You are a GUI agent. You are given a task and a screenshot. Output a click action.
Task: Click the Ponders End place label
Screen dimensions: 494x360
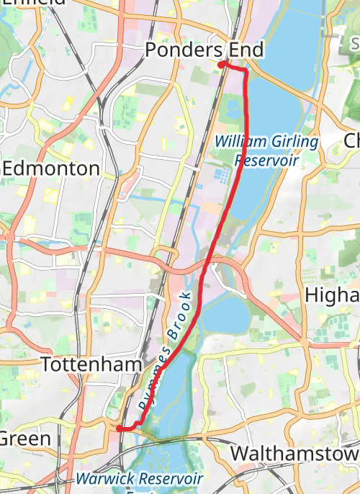204,50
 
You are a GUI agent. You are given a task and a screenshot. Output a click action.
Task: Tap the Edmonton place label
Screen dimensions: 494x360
51,169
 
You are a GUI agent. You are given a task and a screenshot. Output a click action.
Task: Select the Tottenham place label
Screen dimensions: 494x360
91,365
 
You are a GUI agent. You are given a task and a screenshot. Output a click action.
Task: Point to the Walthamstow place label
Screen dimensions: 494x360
294,454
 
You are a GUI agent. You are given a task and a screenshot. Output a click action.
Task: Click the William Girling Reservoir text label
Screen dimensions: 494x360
266,151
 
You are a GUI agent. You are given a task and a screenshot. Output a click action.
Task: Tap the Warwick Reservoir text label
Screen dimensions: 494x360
140,478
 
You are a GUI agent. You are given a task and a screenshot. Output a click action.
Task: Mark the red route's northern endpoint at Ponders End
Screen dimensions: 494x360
221,65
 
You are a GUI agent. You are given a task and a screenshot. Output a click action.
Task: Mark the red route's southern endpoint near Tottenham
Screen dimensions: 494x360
119,428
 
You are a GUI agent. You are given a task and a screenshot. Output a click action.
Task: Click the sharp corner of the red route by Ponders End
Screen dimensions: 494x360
246,71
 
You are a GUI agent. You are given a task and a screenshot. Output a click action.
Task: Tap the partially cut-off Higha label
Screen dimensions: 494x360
332,296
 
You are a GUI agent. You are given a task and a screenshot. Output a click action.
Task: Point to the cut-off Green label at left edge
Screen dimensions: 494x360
25,439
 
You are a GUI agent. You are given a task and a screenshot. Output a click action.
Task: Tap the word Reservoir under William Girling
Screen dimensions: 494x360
266,160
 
